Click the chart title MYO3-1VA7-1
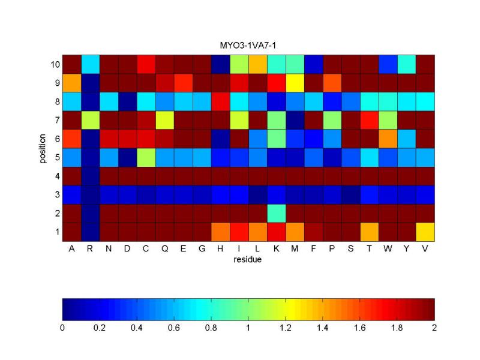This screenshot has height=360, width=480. (248, 46)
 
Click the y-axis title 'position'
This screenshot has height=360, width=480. (43, 148)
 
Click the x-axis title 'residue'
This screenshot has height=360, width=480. (248, 259)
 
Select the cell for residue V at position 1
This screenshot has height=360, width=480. (425, 232)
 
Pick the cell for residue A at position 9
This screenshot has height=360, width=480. (71, 82)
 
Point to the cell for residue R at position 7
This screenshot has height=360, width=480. (90, 119)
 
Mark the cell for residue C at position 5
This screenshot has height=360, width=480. (146, 157)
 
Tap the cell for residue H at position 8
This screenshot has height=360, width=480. (220, 101)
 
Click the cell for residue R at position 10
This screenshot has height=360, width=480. (90, 64)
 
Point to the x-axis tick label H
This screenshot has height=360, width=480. (220, 248)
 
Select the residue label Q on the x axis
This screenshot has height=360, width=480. (164, 248)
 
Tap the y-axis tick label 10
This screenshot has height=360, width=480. (53, 64)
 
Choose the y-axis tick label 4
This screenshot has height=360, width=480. (56, 176)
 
